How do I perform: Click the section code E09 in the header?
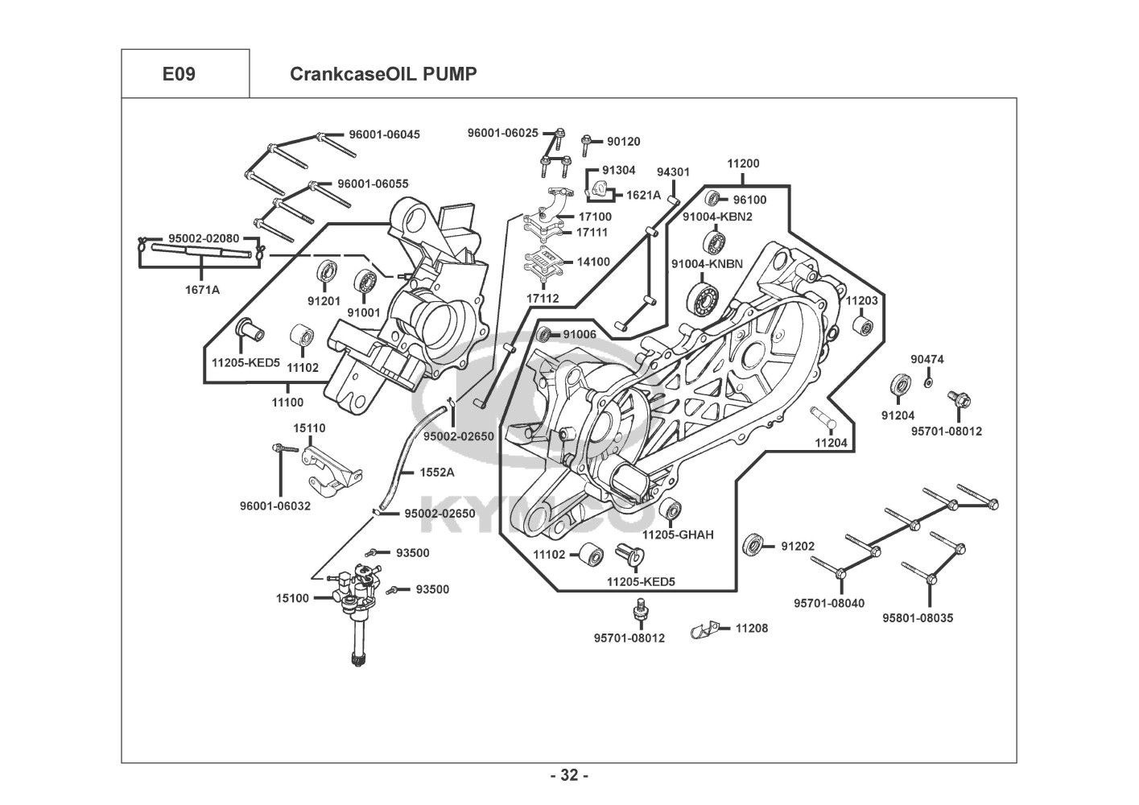point(179,74)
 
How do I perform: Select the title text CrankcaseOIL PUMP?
point(383,74)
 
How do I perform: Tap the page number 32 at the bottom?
point(569,775)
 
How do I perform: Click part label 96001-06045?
point(384,134)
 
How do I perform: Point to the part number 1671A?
point(202,290)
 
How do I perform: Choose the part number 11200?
point(743,163)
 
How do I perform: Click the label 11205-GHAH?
point(678,535)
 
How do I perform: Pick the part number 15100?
point(292,597)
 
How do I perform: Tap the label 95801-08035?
point(918,618)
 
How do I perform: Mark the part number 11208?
point(751,627)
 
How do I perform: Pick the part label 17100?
point(594,217)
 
